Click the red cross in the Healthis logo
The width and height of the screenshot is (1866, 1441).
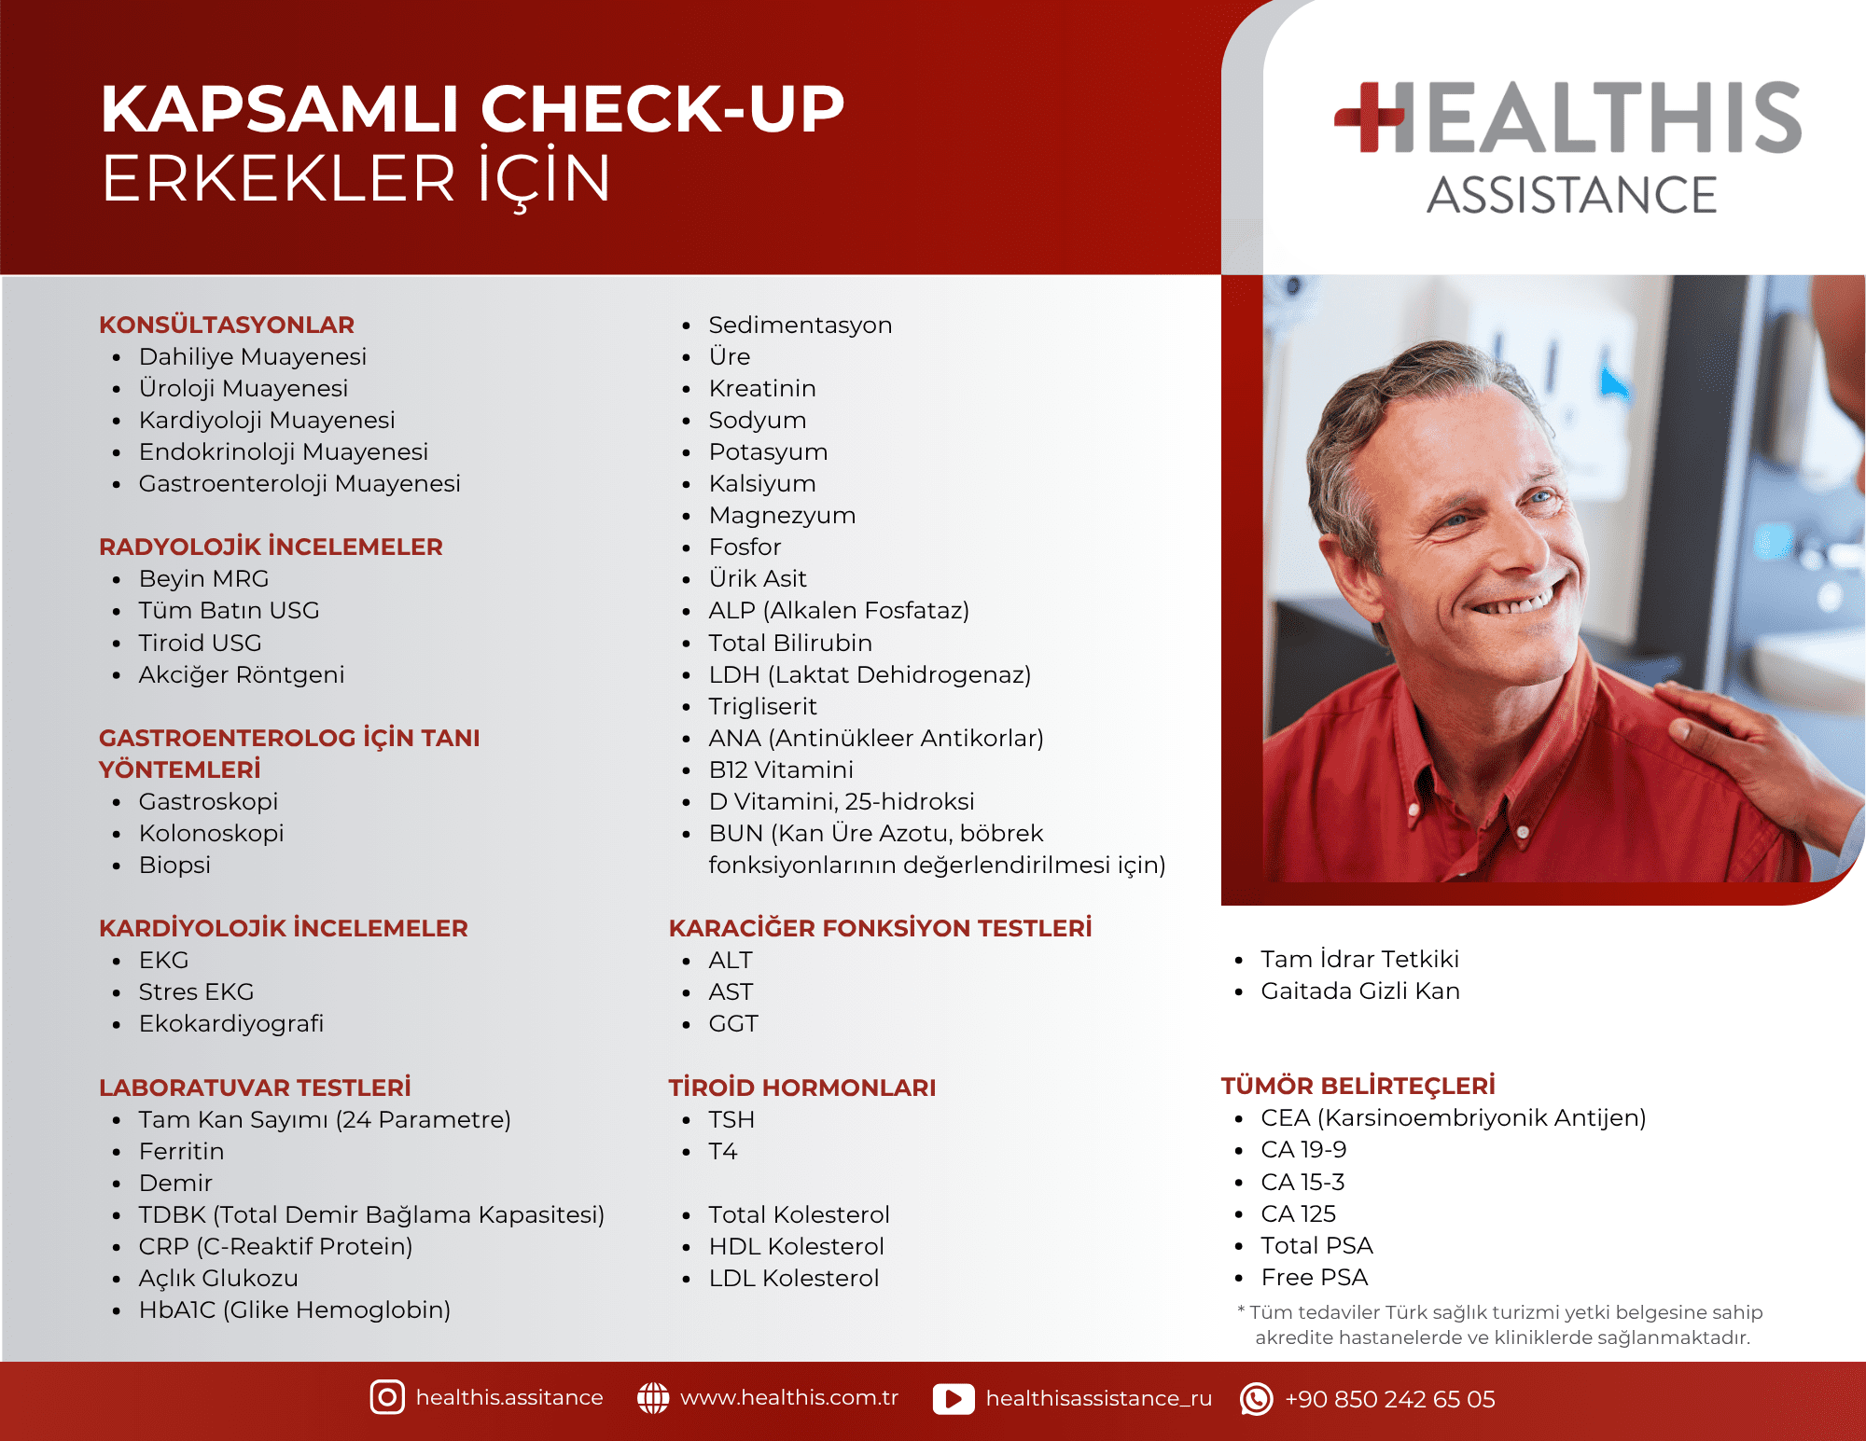pyautogui.click(x=1369, y=117)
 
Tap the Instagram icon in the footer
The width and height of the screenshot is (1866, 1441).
pyautogui.click(x=387, y=1397)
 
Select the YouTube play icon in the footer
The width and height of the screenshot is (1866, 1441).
pyautogui.click(x=954, y=1398)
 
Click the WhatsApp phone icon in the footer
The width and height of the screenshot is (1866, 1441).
pyautogui.click(x=1256, y=1398)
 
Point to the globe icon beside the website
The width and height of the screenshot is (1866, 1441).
pyautogui.click(x=653, y=1397)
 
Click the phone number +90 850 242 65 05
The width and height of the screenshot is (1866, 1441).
pyautogui.click(x=1389, y=1399)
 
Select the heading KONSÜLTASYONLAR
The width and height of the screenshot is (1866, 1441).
pyautogui.click(x=227, y=325)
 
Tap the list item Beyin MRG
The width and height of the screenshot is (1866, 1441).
pyautogui.click(x=203, y=578)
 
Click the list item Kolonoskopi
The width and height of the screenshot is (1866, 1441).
pyautogui.click(x=211, y=833)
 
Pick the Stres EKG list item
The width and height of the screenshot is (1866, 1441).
pyautogui.click(x=196, y=991)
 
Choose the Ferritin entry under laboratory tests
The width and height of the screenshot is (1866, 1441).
pyautogui.click(x=181, y=1151)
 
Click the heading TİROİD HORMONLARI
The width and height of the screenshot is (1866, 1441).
pyautogui.click(x=802, y=1088)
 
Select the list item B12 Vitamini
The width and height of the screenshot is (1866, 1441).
pyautogui.click(x=781, y=769)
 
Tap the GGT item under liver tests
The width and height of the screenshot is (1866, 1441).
pyautogui.click(x=733, y=1023)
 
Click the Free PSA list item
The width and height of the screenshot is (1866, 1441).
pyautogui.click(x=1315, y=1277)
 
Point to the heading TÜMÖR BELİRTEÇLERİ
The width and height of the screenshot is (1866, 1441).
pyautogui.click(x=1358, y=1086)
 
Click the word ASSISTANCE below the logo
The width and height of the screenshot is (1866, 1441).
pyautogui.click(x=1572, y=195)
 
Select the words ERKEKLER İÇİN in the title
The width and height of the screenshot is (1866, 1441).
pyautogui.click(x=356, y=178)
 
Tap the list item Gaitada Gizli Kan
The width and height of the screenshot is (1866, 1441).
pyautogui.click(x=1360, y=991)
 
